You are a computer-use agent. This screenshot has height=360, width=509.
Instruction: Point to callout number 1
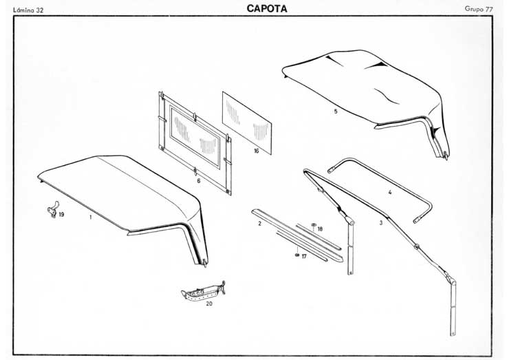(x=90, y=216)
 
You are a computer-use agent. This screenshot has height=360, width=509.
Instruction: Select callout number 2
(x=259, y=224)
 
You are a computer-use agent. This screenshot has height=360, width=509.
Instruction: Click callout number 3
(x=380, y=223)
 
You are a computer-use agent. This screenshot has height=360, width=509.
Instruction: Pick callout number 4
(x=389, y=193)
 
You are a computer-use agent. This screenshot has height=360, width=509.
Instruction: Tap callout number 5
(x=335, y=111)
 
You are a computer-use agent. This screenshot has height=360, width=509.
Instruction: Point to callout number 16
(x=256, y=151)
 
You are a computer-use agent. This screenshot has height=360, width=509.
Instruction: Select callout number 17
(x=303, y=256)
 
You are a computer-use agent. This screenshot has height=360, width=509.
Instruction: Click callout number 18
(x=320, y=228)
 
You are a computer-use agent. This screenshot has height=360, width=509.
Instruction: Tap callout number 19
(x=61, y=215)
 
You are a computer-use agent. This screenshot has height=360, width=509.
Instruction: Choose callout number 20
(x=208, y=302)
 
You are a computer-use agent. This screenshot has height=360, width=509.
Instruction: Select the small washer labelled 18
(x=313, y=224)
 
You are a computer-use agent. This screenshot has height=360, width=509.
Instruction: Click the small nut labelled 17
(x=296, y=255)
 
